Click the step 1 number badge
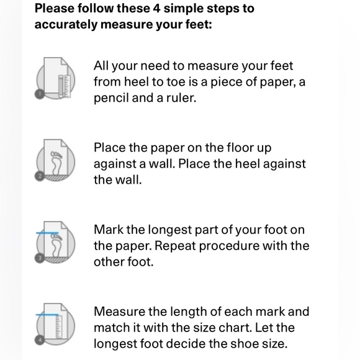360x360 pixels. pyautogui.click(x=40, y=94)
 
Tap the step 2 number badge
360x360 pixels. pyautogui.click(x=40, y=176)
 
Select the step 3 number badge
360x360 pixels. pyautogui.click(x=40, y=258)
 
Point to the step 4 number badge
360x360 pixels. pyautogui.click(x=40, y=340)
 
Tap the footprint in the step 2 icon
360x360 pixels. pyautogui.click(x=56, y=163)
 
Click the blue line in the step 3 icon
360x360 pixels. pyautogui.click(x=47, y=233)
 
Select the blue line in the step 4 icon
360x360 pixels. pyautogui.click(x=47, y=315)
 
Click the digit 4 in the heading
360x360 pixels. pyautogui.click(x=156, y=9)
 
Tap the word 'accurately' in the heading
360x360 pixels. pyautogui.click(x=66, y=25)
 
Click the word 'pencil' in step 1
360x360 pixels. pyautogui.click(x=111, y=98)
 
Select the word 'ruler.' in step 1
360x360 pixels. pyautogui.click(x=181, y=98)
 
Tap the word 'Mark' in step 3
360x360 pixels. pyautogui.click(x=109, y=230)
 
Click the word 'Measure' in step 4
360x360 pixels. pyautogui.click(x=119, y=312)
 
